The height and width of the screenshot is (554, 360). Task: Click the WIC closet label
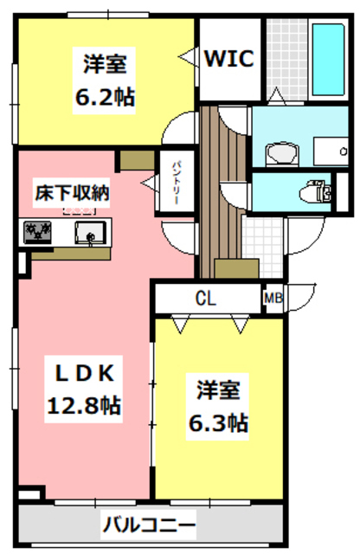coord(229,59)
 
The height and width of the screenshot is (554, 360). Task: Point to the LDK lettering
coord(84,372)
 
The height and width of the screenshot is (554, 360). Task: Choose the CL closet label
coord(205,299)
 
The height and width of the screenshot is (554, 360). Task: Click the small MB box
coord(273,299)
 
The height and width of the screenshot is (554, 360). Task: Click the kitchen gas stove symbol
coord(37,231)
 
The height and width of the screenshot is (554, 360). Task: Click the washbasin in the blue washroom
coord(280,154)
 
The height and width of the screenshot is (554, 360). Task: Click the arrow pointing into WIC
coord(187,59)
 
